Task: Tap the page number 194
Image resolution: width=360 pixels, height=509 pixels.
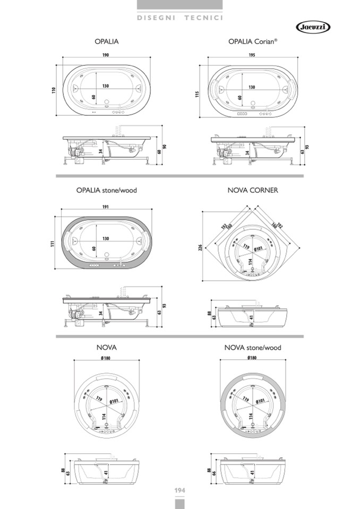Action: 179,489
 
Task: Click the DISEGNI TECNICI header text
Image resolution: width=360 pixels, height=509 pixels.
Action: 179,18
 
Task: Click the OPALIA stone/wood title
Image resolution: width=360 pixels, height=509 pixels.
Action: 107,190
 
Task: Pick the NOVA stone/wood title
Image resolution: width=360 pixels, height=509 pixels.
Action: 253,348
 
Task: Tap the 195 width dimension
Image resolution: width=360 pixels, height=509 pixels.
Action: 251,56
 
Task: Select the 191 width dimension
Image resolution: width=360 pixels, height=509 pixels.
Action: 106,207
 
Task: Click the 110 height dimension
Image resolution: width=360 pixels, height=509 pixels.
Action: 53,90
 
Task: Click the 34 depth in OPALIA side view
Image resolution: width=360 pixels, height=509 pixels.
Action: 99,151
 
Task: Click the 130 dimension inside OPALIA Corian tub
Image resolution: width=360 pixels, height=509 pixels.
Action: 251,87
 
